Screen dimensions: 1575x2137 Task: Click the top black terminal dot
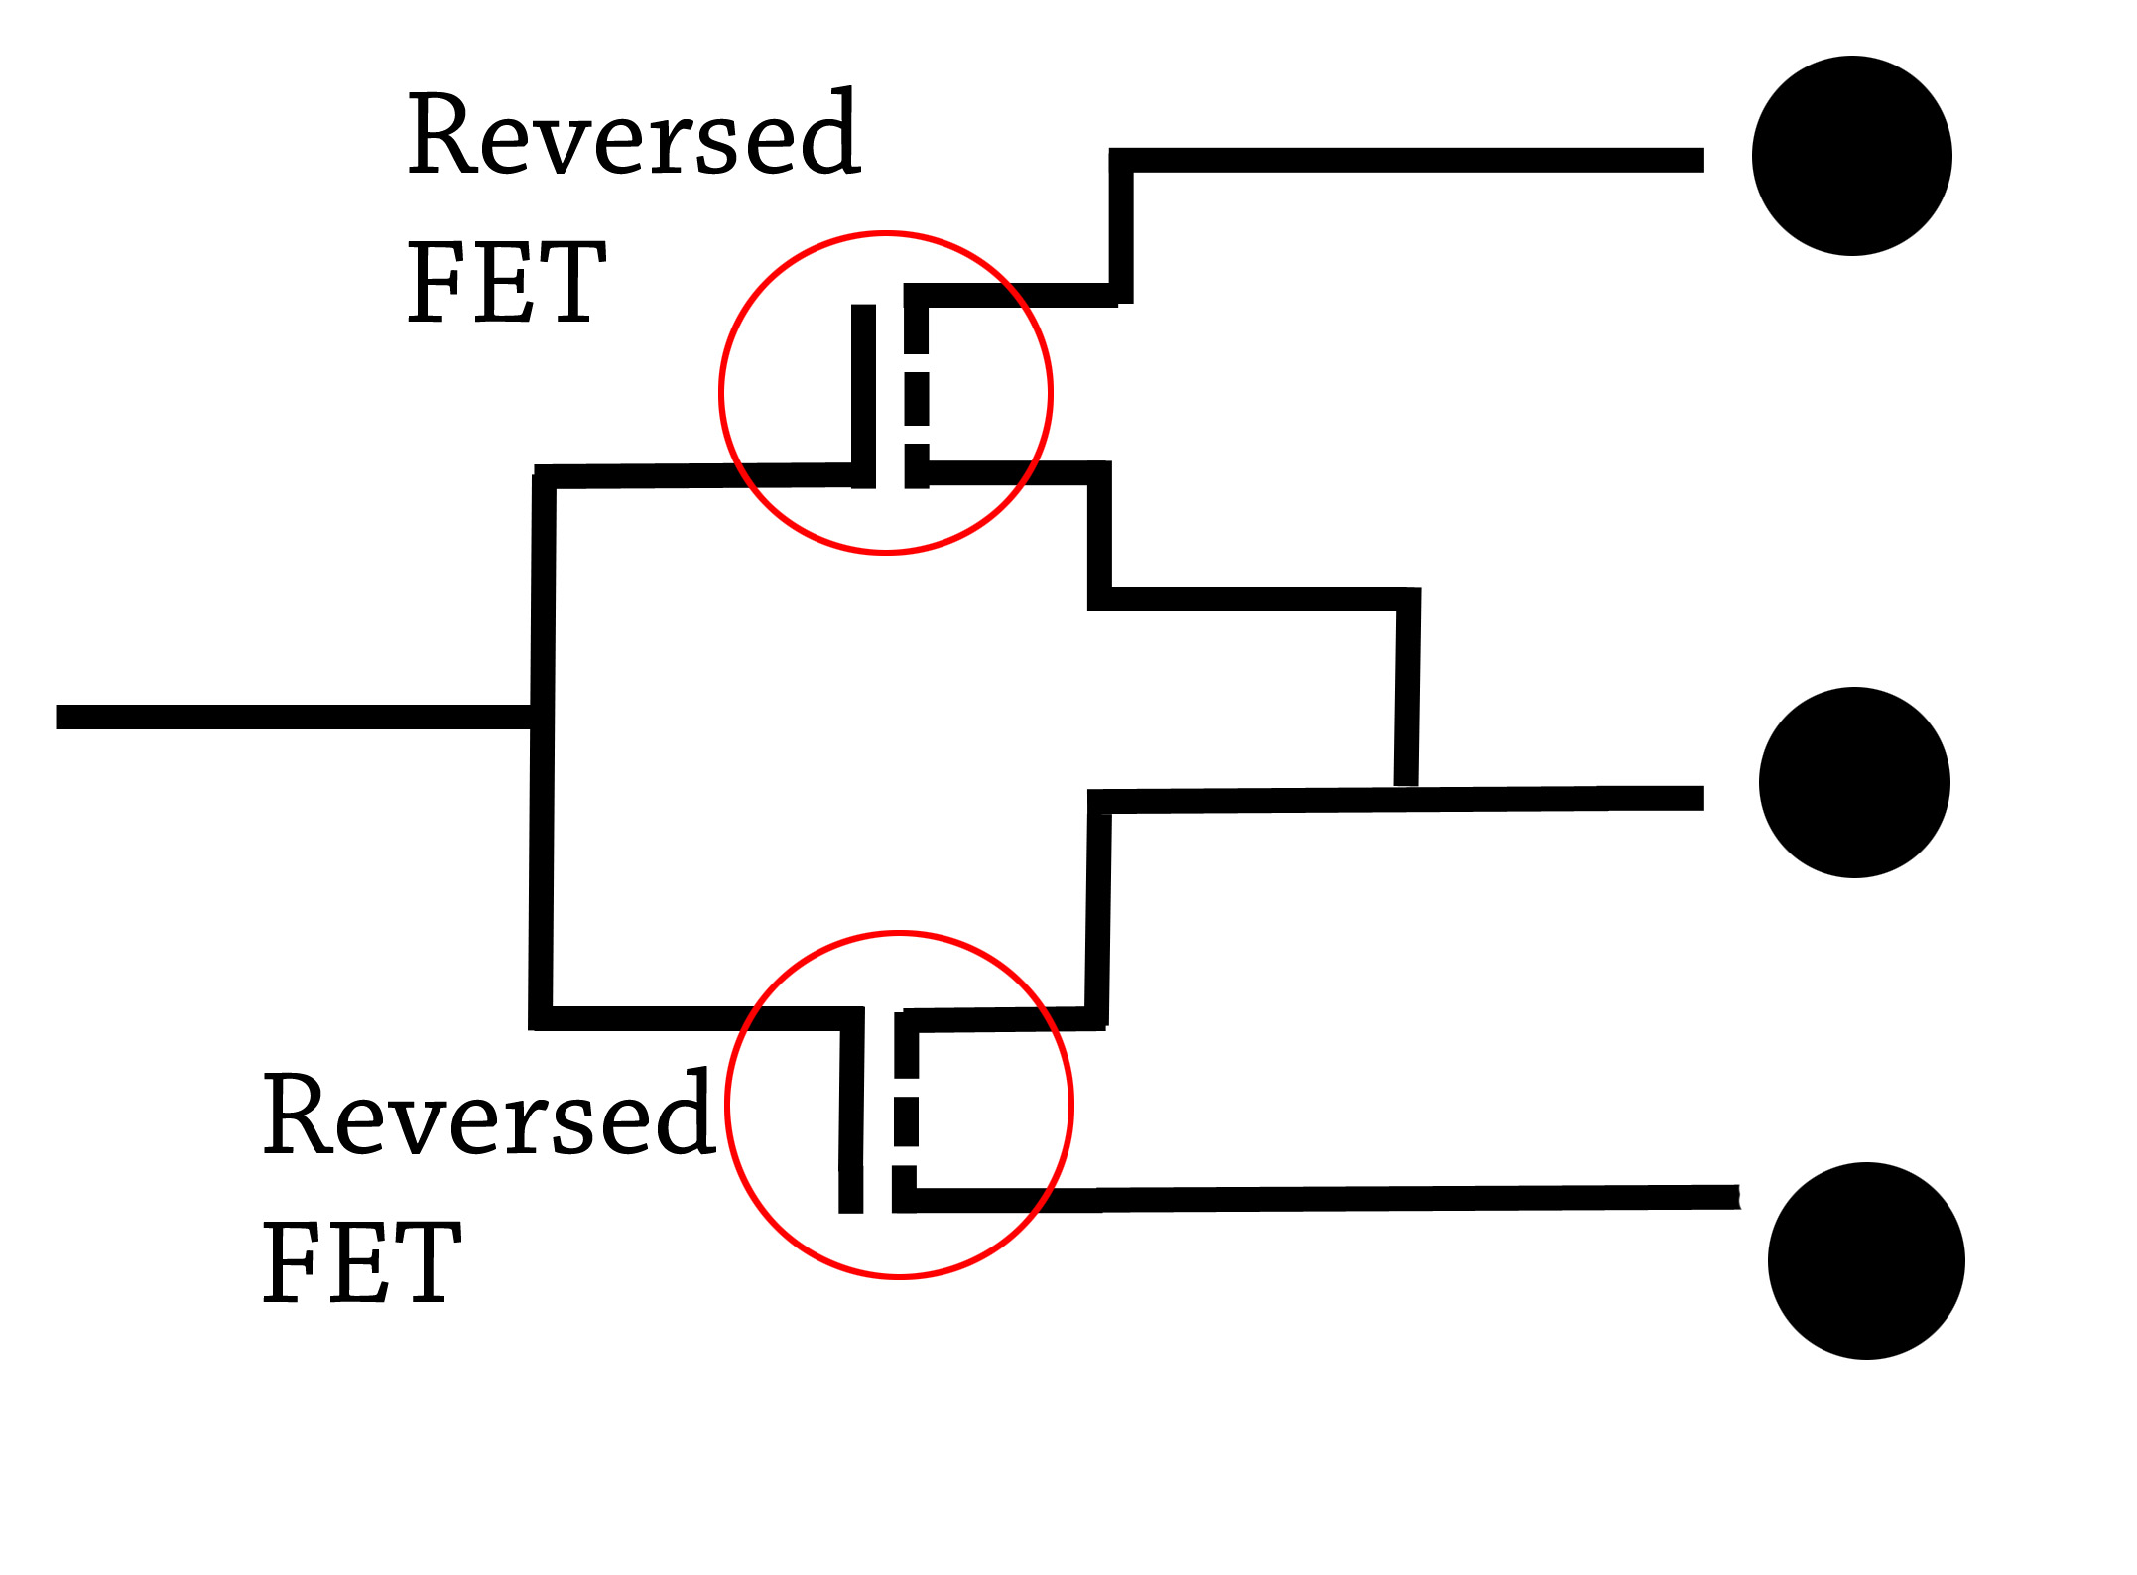pos(1851,156)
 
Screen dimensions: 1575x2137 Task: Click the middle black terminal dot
pos(1853,782)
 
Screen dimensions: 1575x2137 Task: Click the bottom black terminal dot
pos(1865,1260)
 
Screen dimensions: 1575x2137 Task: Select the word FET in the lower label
pos(361,1262)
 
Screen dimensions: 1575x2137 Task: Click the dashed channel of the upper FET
pos(917,397)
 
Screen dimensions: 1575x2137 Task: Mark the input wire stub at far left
pos(288,717)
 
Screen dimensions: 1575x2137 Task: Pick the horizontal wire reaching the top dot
pos(1409,160)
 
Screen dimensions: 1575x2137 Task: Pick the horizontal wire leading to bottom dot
pos(1389,1198)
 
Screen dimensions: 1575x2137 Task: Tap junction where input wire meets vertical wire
pos(542,717)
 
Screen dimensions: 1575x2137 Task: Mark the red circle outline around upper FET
pos(721,393)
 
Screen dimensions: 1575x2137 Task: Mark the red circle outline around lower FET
pos(726,1104)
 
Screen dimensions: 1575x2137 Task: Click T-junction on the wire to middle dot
pos(1405,798)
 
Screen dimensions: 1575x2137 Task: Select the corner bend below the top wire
pos(1120,294)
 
